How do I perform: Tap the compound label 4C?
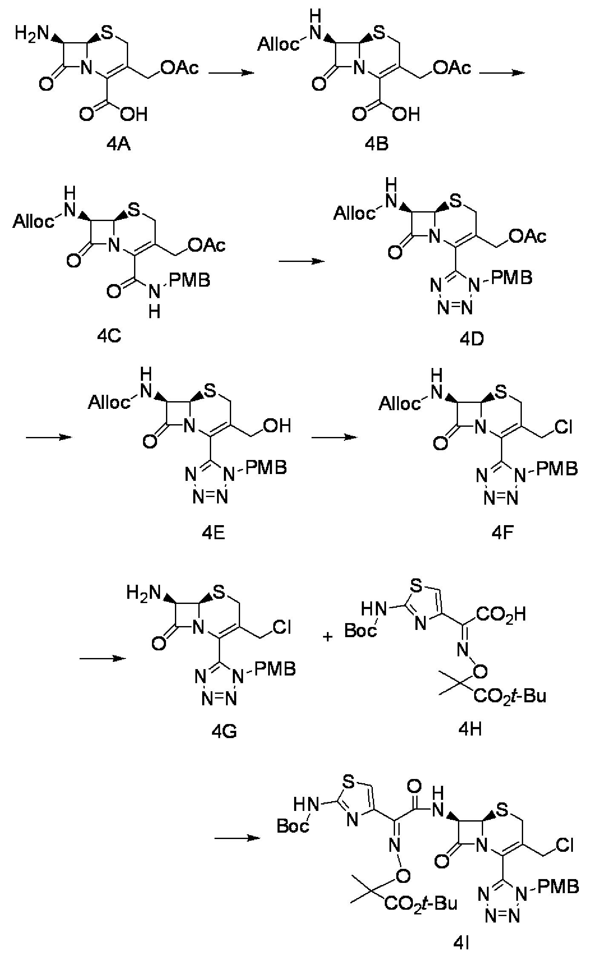click(110, 337)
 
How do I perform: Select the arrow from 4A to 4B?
click(231, 73)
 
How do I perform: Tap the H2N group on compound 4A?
click(32, 33)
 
